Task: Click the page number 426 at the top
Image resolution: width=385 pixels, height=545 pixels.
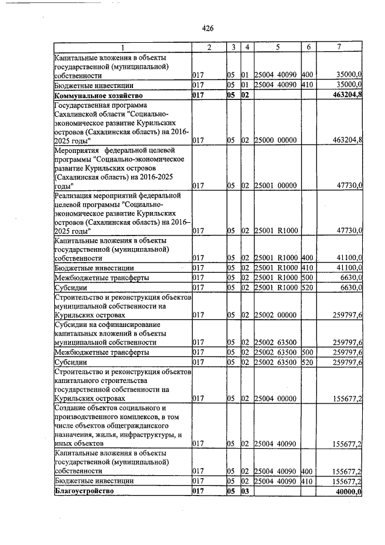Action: coord(208,28)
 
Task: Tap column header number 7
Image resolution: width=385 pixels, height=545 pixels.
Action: coord(340,47)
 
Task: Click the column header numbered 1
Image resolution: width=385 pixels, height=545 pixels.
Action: coord(122,47)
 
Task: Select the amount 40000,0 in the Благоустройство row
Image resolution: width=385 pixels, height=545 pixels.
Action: coord(346,492)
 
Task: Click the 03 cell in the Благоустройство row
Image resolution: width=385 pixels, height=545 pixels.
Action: coord(245,491)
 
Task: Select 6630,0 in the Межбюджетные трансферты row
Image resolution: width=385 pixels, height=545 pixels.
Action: coord(349,278)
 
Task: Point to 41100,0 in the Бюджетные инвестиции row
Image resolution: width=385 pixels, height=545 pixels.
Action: coord(348,267)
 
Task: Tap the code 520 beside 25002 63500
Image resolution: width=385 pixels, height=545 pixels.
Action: coord(307,362)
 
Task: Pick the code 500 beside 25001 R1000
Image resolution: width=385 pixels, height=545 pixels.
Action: coord(307,278)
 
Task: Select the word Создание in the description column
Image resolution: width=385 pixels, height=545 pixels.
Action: coord(70,408)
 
